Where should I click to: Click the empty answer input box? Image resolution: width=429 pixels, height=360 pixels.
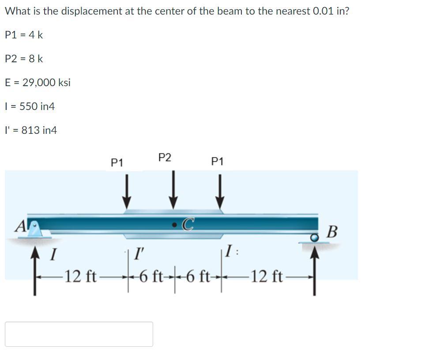(79, 334)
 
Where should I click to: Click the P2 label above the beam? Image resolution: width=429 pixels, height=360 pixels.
(165, 158)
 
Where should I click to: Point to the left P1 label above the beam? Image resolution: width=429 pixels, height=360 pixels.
(117, 163)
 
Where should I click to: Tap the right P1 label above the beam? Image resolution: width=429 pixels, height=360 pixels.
(217, 162)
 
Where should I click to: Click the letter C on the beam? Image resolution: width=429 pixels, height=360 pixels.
(188, 225)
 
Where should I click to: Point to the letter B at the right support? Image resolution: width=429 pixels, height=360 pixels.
(332, 231)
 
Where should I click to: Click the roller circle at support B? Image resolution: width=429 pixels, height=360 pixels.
(314, 238)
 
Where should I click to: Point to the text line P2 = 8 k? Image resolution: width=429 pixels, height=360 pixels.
(24, 59)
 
